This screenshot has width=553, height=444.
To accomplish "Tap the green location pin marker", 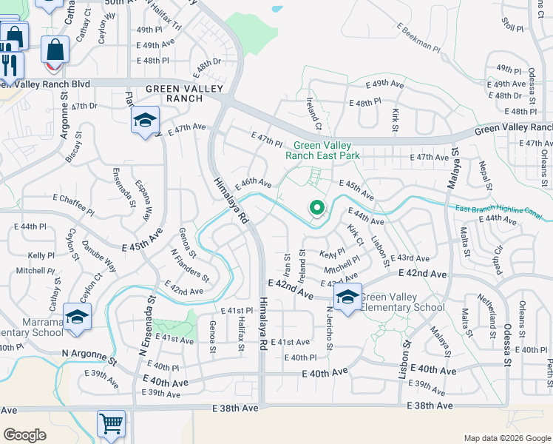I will click(x=316, y=209).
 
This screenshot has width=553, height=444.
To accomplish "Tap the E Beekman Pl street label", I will click(x=418, y=38).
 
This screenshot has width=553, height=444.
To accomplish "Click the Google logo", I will click(x=24, y=434).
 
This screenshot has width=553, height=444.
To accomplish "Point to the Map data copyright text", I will click(x=506, y=438).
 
